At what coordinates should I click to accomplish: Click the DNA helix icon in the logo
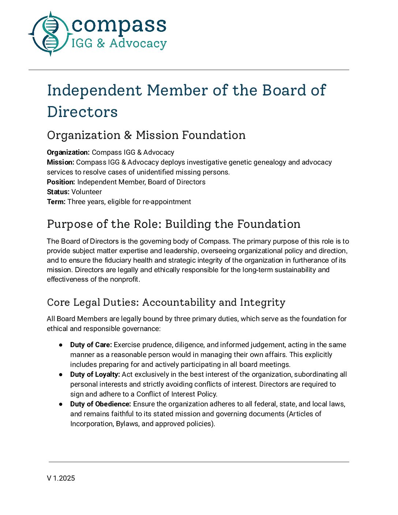50,34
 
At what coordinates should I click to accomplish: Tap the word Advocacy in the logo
138,44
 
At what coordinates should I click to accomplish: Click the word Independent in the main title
94,90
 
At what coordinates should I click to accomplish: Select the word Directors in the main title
82,112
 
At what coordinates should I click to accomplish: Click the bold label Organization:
68,153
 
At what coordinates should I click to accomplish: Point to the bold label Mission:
60,162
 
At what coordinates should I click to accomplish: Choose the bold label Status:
58,192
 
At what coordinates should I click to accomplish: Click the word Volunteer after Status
87,192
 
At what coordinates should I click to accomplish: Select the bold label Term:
56,202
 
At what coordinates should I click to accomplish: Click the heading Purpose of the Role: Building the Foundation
173,224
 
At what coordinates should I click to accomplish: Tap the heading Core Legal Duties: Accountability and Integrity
166,302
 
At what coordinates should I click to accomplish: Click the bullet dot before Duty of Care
61,345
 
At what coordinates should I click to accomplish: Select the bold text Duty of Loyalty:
95,375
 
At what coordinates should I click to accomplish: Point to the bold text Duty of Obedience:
101,404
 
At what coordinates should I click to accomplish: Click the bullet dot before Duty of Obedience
61,404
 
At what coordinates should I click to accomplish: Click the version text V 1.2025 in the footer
61,478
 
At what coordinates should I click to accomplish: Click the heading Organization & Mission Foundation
146,135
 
